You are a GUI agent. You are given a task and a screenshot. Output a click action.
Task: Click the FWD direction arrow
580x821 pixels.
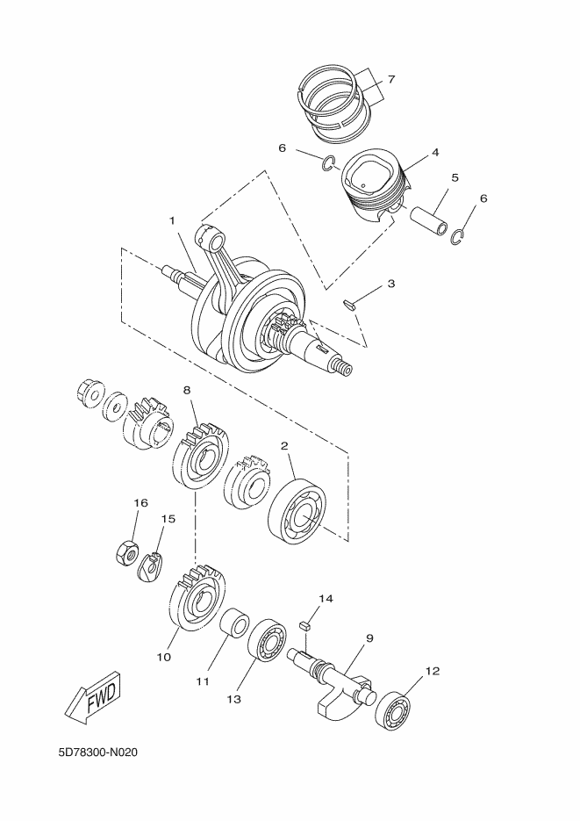tap(91, 699)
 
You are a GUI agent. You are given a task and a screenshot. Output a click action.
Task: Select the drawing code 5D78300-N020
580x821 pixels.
tap(98, 753)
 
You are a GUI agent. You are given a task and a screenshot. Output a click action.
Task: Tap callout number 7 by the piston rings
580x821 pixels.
tap(390, 80)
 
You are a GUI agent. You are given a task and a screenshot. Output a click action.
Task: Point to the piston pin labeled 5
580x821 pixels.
tap(429, 220)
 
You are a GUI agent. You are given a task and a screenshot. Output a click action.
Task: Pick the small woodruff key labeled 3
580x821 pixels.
tap(349, 305)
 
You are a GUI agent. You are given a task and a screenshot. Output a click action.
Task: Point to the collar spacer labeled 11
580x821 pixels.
tap(234, 629)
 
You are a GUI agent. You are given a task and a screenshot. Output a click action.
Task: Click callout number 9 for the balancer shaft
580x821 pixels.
tap(369, 637)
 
